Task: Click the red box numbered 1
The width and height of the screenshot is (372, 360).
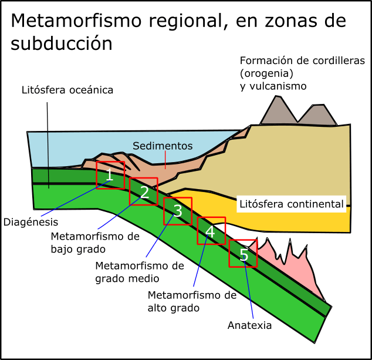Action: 110,175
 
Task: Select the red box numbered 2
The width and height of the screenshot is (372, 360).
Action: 144,191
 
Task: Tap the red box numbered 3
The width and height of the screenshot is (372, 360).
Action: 178,211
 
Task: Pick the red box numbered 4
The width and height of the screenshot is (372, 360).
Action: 211,231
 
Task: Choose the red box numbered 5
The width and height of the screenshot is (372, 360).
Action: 243,253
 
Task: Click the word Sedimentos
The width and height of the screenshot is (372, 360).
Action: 163,146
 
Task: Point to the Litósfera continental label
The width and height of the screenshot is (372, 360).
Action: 291,204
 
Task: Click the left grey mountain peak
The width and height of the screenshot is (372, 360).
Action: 279,112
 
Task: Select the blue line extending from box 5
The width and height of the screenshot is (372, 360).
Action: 249,294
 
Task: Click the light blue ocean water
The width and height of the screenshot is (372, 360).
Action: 88,147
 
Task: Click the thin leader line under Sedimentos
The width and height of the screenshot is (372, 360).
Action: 165,160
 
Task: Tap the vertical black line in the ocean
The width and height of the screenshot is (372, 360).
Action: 48,159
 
